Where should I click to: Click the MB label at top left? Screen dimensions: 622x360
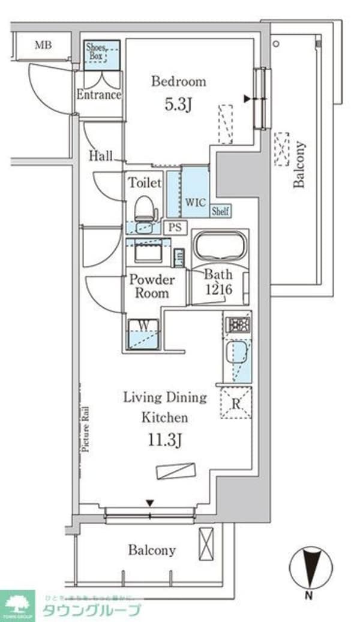tap(42, 45)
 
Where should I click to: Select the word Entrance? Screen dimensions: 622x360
tap(98, 95)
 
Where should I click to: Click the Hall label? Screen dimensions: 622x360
tap(101, 157)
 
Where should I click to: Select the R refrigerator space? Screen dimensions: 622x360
tap(236, 403)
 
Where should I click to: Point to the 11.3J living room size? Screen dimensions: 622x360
tap(165, 440)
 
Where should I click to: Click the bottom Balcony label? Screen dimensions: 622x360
tap(151, 550)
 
